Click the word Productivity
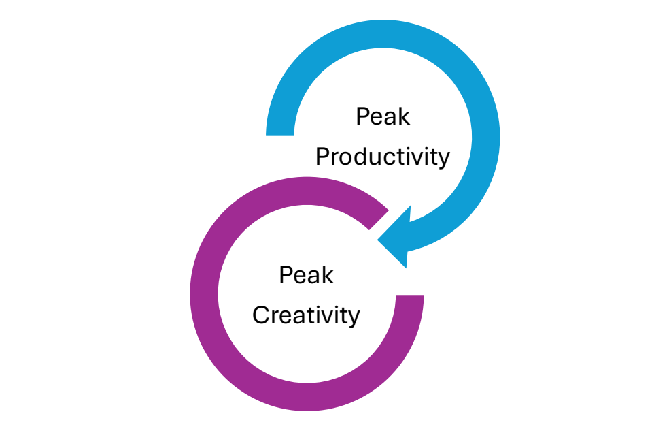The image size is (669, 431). [382, 157]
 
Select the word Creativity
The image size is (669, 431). [305, 315]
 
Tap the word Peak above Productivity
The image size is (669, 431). [383, 116]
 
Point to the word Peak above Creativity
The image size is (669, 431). [306, 275]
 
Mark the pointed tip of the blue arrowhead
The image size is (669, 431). [379, 240]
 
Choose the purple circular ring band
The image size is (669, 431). [205, 293]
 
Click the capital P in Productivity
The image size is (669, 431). [322, 157]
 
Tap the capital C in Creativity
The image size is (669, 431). [260, 315]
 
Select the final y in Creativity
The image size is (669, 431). [354, 318]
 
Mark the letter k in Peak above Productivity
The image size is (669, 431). [404, 116]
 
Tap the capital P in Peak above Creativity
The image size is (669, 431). [285, 275]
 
